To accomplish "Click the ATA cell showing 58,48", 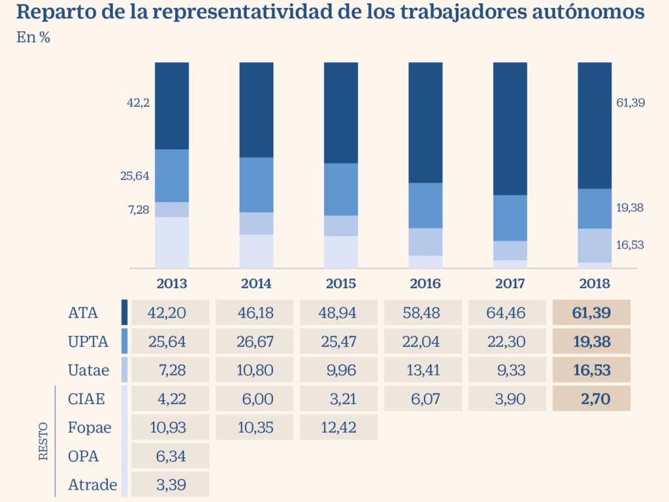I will (422, 313).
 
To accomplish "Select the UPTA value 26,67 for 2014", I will (254, 341).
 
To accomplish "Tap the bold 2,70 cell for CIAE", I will (591, 399).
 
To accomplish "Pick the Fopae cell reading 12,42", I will (338, 427).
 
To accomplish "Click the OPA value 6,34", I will (171, 456).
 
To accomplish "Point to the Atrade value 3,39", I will (171, 485).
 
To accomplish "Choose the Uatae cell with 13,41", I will (422, 370).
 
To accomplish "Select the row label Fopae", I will (90, 427).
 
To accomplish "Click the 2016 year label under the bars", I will (425, 284).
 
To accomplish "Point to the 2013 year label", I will (172, 284).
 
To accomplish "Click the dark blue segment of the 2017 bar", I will (510, 128).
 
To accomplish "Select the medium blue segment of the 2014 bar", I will (257, 184).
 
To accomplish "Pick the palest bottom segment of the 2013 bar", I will (172, 242).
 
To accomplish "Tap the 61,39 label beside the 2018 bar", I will (630, 103).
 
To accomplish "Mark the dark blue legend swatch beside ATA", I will (124, 312).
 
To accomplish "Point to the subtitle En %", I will (33, 38).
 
